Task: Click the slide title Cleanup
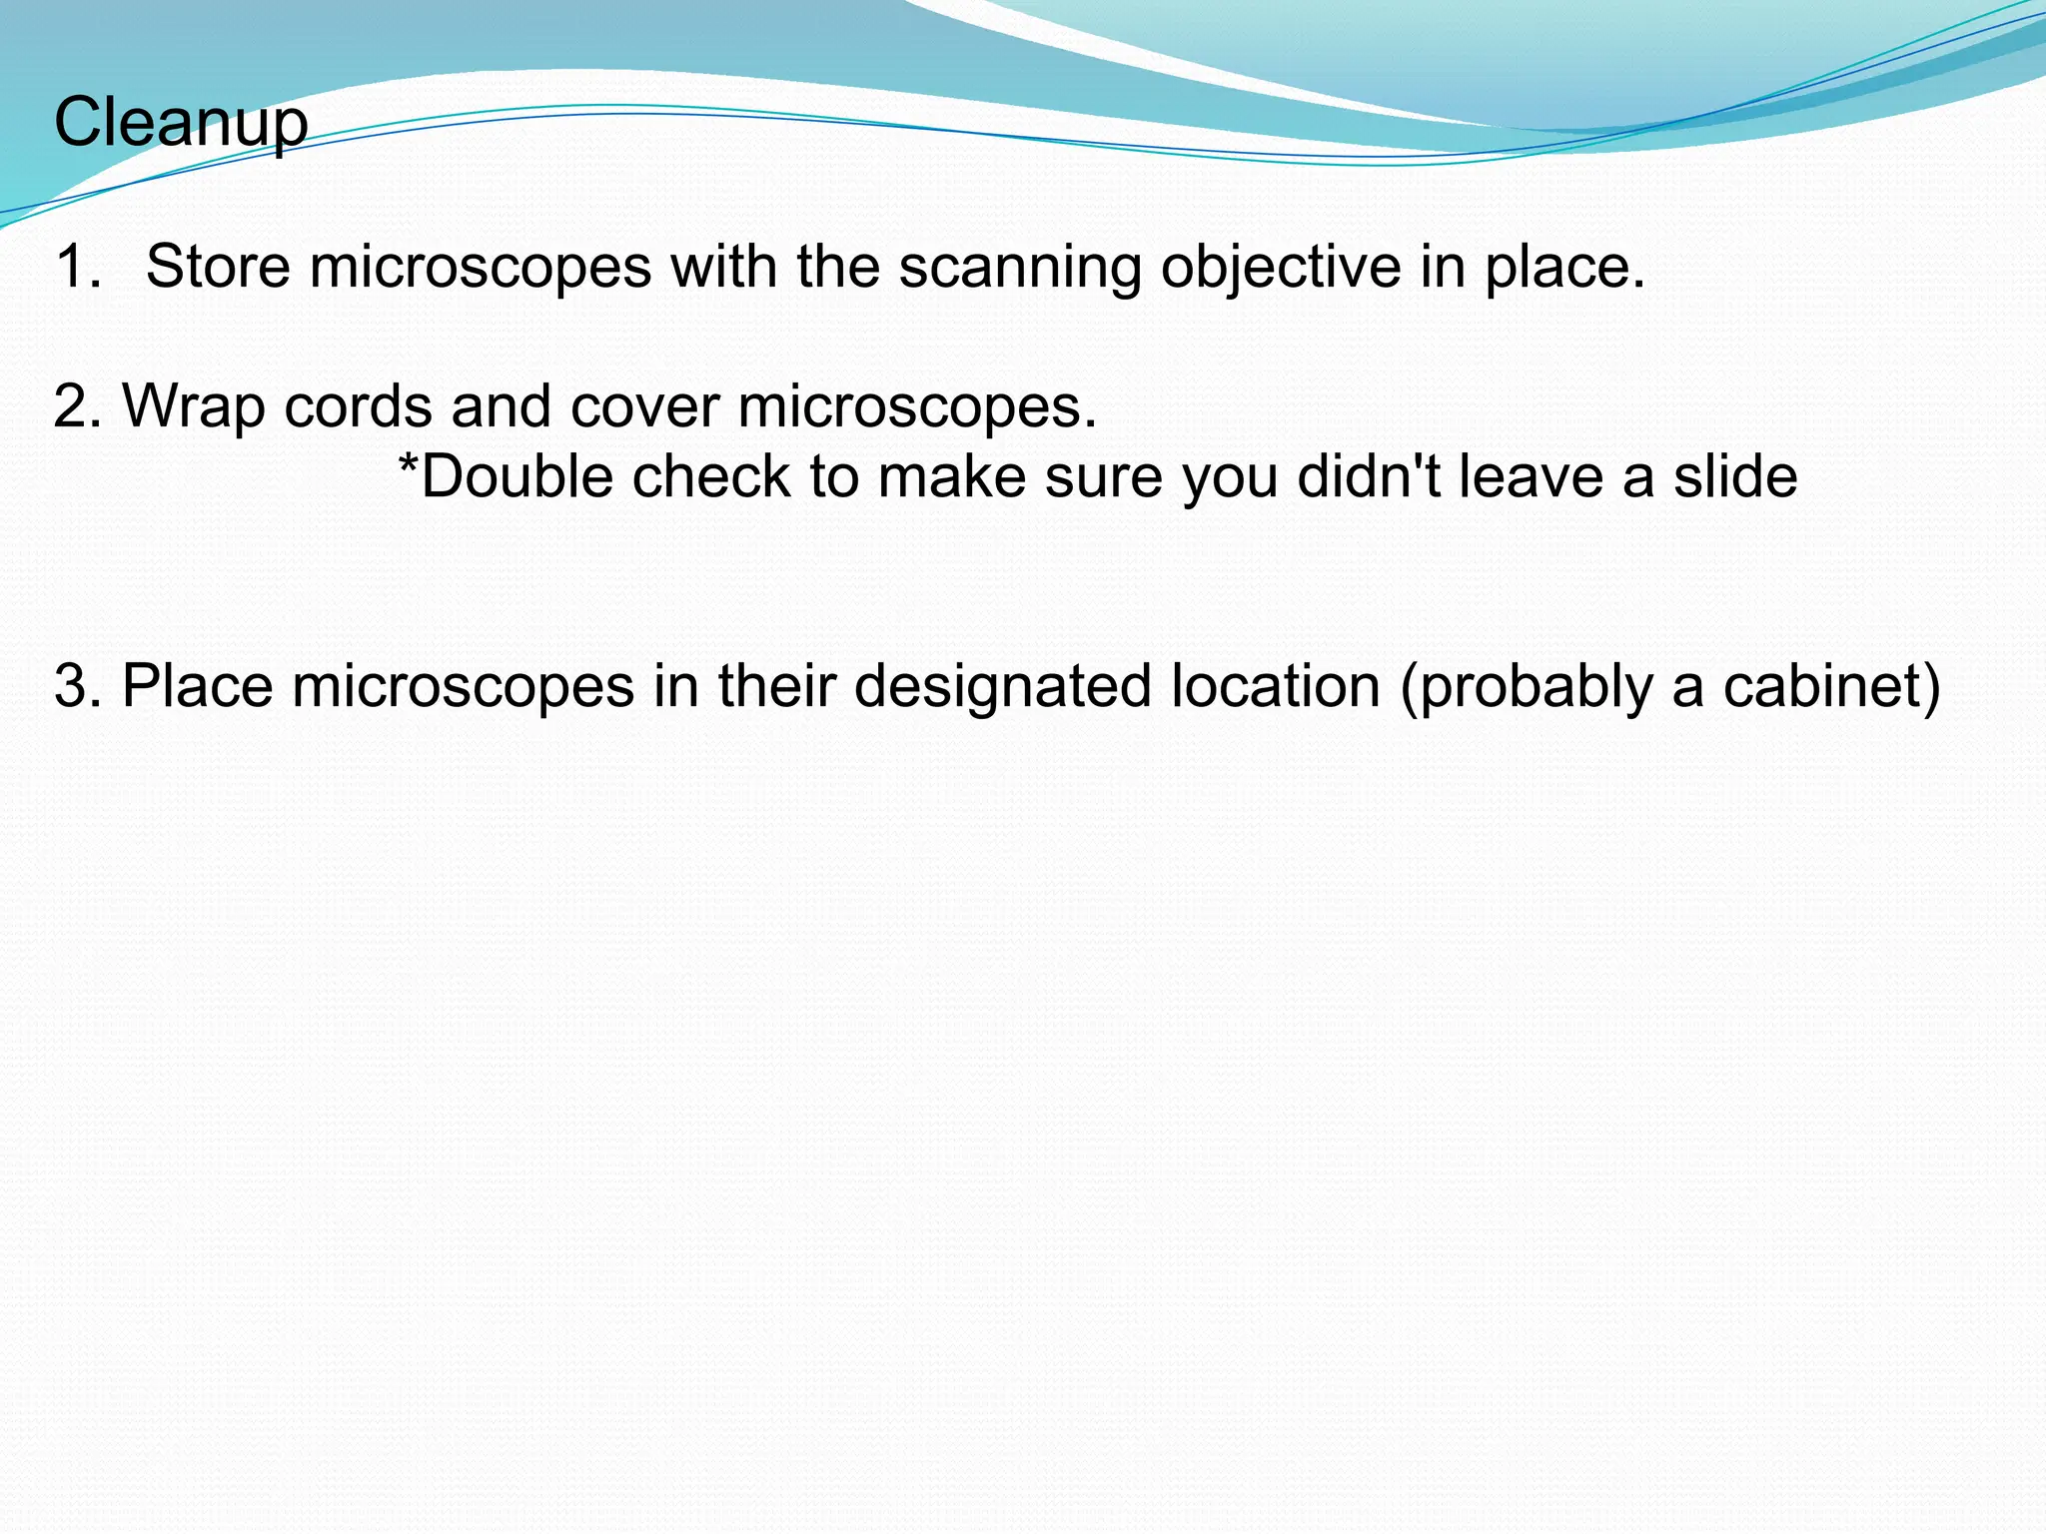[x=181, y=123]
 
